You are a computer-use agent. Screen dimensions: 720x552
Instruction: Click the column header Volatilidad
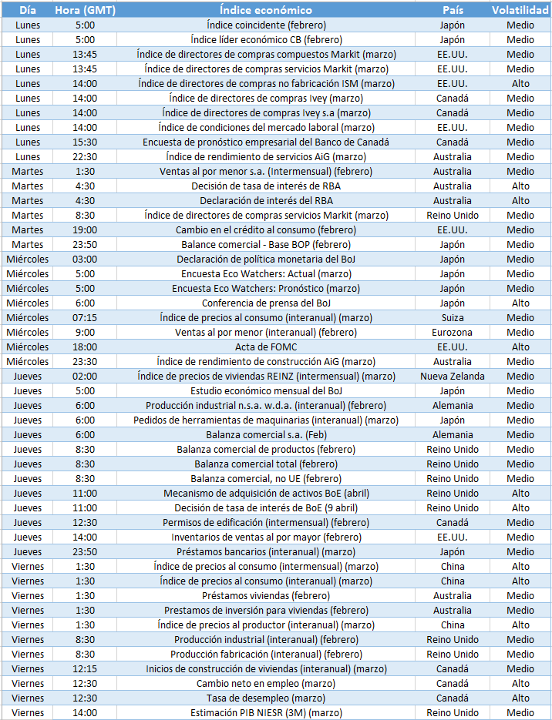(x=520, y=10)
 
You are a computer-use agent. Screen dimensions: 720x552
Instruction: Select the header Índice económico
(x=266, y=10)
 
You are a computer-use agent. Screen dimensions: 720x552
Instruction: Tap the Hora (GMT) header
(x=85, y=10)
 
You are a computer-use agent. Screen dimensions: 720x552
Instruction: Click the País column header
(x=453, y=10)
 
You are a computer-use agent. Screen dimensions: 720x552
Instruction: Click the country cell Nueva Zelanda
(x=453, y=376)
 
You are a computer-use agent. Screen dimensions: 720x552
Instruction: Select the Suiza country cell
(x=453, y=317)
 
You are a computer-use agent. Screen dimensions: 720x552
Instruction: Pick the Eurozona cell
(x=453, y=332)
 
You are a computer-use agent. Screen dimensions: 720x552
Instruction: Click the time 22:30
(x=85, y=156)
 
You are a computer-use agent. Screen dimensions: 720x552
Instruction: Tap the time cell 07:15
(x=85, y=317)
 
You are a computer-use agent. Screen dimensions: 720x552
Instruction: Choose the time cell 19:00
(x=85, y=229)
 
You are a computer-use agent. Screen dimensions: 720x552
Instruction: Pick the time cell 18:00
(x=85, y=347)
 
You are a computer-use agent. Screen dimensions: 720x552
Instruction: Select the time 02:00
(x=85, y=376)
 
